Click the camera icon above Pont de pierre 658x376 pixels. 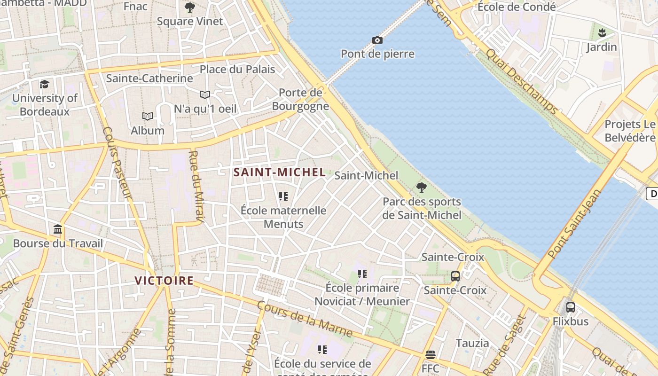377,40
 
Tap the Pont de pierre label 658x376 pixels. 377,54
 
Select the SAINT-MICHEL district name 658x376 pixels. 280,172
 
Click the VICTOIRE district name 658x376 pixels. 164,281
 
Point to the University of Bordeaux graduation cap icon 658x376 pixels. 45,84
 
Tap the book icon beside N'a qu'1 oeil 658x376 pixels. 205,95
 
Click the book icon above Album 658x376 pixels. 148,116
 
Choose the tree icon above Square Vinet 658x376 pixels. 190,8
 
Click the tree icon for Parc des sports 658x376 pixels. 422,188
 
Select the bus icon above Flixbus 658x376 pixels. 571,307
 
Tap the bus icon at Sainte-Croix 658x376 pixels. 455,276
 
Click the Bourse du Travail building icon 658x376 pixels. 58,229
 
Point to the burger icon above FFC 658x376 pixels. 431,354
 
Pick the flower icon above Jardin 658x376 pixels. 602,33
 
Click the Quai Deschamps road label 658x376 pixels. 522,81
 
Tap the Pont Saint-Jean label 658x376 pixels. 575,224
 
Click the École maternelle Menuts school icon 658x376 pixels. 283,196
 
